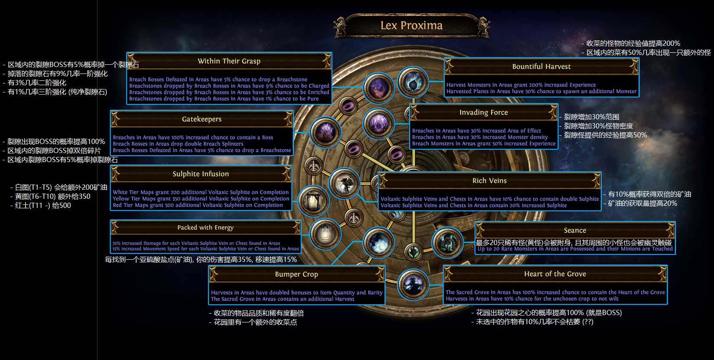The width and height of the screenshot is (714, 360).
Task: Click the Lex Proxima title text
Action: (x=411, y=25)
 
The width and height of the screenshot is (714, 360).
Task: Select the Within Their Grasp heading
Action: (x=229, y=61)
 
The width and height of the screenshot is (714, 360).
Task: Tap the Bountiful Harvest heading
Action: (x=541, y=67)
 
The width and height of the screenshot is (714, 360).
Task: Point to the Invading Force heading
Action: (x=483, y=112)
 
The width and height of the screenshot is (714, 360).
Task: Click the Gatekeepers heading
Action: (x=201, y=119)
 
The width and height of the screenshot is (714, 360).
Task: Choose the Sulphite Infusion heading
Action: (x=201, y=174)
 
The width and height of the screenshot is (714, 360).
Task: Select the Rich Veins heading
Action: (x=489, y=181)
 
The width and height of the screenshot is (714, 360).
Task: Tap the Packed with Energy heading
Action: (x=205, y=227)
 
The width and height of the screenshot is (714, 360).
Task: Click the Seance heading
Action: (x=575, y=230)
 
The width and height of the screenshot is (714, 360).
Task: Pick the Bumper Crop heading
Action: (x=296, y=274)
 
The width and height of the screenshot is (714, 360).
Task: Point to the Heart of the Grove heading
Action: (x=555, y=274)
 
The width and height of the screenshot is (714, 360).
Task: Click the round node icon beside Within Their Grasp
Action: (x=378, y=88)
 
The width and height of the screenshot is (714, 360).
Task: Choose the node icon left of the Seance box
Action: (x=447, y=242)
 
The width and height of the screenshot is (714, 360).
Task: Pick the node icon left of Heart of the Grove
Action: (x=413, y=284)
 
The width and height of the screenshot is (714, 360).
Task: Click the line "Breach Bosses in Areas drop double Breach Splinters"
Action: (x=178, y=144)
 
